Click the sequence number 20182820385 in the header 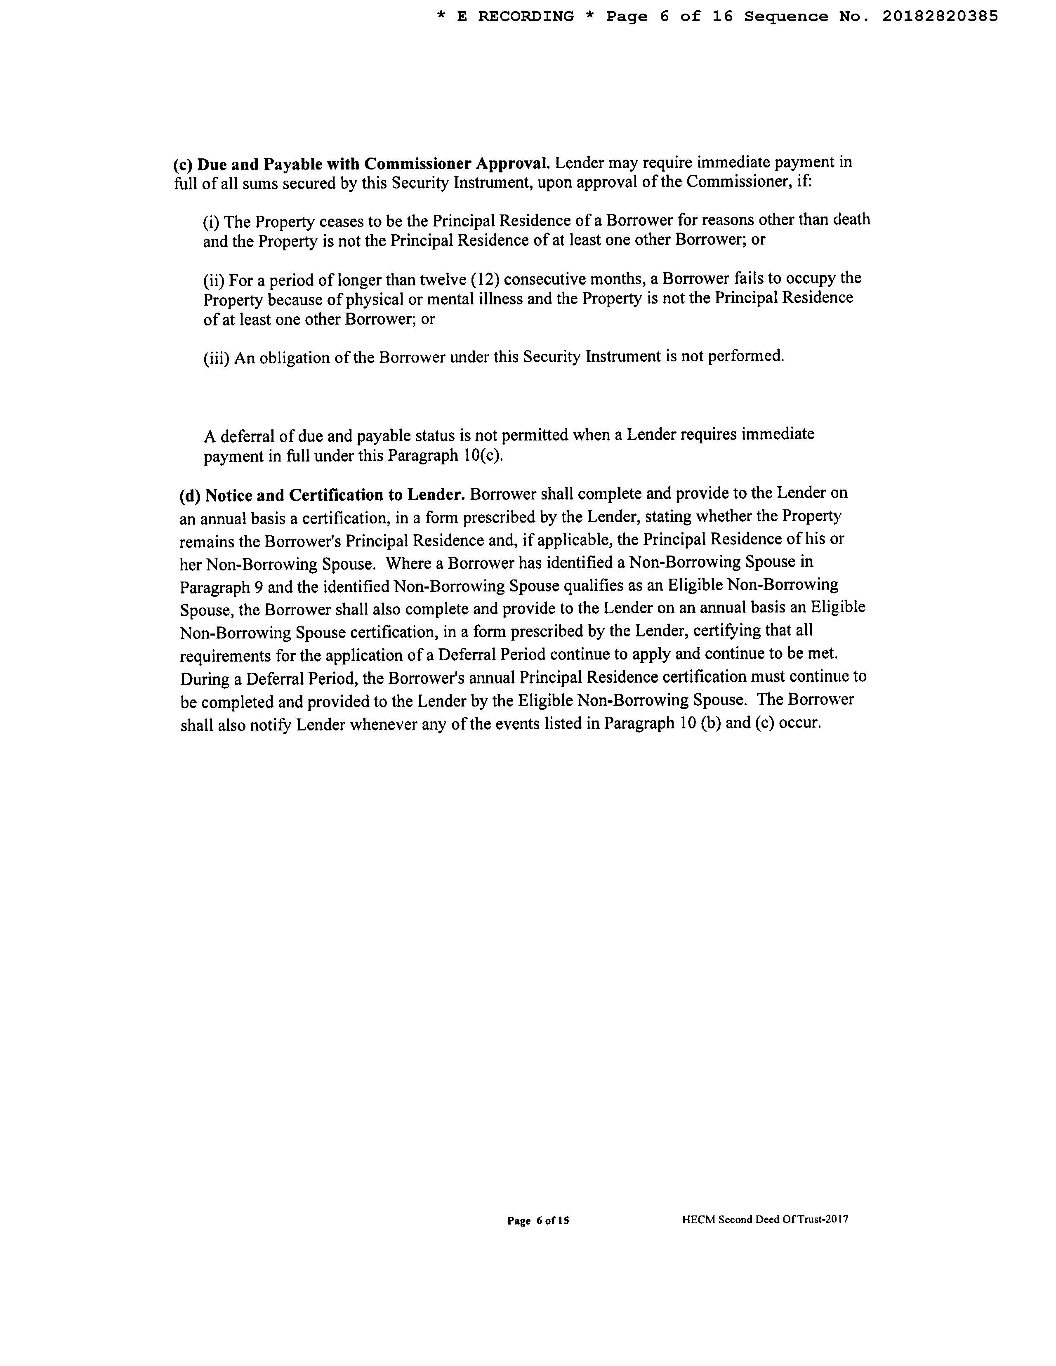(x=940, y=17)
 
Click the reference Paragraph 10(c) (x=445, y=456)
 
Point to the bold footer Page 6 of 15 (x=538, y=1220)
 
